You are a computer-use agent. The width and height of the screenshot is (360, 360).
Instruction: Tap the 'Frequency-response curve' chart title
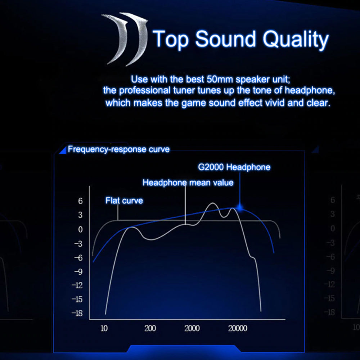[119, 149]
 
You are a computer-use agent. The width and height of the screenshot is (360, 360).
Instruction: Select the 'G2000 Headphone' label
[234, 167]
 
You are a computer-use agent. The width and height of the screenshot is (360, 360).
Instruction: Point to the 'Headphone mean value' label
[188, 183]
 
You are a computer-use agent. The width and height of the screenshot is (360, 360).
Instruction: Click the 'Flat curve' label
[124, 201]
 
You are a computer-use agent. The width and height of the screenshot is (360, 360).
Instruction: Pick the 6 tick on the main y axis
[80, 201]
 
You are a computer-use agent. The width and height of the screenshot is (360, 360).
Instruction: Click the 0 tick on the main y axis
[80, 229]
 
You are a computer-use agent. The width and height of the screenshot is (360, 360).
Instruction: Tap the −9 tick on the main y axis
[78, 271]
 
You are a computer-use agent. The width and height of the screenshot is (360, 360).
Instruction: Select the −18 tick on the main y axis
[77, 313]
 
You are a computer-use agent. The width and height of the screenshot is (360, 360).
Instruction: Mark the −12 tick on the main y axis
[77, 285]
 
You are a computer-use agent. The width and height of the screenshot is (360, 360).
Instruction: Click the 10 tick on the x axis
[104, 328]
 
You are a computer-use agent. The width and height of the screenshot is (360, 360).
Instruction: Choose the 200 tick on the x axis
[150, 328]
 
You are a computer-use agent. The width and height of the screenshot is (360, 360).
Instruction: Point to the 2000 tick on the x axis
[192, 328]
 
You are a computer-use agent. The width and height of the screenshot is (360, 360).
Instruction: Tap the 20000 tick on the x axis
[238, 328]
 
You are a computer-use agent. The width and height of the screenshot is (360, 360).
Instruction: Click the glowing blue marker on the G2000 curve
[240, 208]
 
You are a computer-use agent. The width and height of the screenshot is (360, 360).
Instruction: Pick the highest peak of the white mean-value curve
[213, 203]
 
